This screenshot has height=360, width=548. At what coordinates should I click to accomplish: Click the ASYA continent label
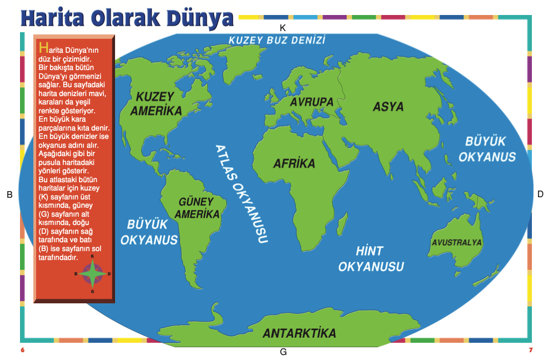(x=388, y=107)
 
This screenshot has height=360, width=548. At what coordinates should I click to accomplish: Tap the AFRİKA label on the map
(x=294, y=164)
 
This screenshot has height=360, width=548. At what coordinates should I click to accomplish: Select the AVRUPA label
(x=311, y=102)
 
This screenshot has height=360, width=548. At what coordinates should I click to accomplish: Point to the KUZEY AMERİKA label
(x=156, y=103)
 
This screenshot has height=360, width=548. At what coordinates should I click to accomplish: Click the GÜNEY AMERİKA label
(x=197, y=208)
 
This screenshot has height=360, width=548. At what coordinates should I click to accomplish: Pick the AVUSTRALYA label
(x=457, y=242)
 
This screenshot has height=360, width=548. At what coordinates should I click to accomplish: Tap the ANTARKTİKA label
(x=299, y=333)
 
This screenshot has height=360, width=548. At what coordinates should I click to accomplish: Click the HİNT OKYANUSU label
(x=371, y=259)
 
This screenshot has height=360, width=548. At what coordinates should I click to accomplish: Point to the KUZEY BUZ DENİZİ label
(x=276, y=41)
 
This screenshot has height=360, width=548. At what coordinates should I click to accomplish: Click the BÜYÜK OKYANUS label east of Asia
(x=487, y=149)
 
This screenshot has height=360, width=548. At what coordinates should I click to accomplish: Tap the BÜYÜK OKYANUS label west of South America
(x=148, y=232)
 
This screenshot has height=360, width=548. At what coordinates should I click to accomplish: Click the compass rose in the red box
(x=92, y=274)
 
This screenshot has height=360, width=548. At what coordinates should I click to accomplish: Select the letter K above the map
(x=282, y=27)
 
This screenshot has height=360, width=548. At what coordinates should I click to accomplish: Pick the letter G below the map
(x=283, y=352)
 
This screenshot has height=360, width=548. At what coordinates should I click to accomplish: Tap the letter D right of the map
(x=540, y=194)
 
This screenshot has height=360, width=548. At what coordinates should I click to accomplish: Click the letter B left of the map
(x=9, y=194)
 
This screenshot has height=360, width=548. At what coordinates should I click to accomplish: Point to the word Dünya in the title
(x=199, y=18)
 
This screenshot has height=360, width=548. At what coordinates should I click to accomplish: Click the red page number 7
(x=531, y=350)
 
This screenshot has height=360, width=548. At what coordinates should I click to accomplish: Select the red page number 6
(x=23, y=350)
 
